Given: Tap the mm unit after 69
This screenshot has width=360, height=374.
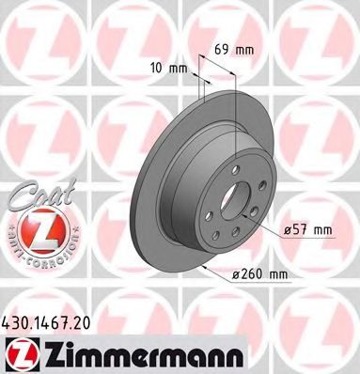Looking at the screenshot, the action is pyautogui.click(x=244, y=50).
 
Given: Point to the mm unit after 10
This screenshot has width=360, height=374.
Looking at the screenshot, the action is pyautogui.click(x=178, y=69).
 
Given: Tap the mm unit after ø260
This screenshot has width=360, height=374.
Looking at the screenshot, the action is pyautogui.click(x=278, y=275).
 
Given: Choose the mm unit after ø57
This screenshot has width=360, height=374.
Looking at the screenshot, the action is pyautogui.click(x=322, y=231).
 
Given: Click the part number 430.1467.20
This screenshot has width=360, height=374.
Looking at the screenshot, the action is pyautogui.click(x=46, y=322).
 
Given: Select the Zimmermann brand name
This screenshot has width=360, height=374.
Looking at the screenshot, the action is pyautogui.click(x=143, y=355).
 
